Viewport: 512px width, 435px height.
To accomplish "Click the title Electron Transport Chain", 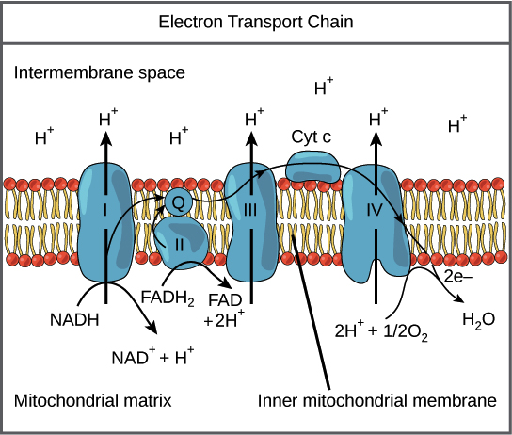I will pyautogui.click(x=256, y=19).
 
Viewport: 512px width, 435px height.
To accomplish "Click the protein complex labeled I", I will pyautogui.click(x=105, y=222).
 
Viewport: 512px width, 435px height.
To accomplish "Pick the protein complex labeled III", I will pyautogui.click(x=251, y=222).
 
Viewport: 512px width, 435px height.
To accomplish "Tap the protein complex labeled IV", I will pyautogui.click(x=374, y=224).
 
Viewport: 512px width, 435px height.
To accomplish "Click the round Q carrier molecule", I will pyautogui.click(x=179, y=201).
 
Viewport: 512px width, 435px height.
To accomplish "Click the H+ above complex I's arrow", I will pyautogui.click(x=108, y=120).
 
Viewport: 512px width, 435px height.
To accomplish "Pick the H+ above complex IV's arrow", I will pyautogui.click(x=378, y=120).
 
